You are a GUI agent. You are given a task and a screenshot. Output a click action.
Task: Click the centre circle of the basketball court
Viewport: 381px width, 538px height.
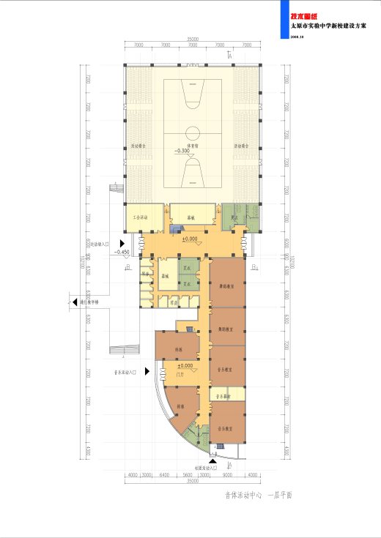coord(193,134)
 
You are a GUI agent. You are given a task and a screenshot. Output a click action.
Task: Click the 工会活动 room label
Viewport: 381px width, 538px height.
coord(141,217)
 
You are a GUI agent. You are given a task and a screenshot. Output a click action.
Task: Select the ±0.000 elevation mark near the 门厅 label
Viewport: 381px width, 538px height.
coord(185,365)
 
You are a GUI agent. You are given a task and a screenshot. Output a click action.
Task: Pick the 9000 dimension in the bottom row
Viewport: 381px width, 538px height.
coord(227,476)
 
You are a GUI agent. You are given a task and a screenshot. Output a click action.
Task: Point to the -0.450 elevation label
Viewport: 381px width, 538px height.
coord(122,252)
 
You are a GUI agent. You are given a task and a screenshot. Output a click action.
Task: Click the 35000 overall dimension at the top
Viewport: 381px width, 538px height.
coord(192,38)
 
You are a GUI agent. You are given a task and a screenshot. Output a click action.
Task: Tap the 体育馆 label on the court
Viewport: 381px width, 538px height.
coord(193,146)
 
